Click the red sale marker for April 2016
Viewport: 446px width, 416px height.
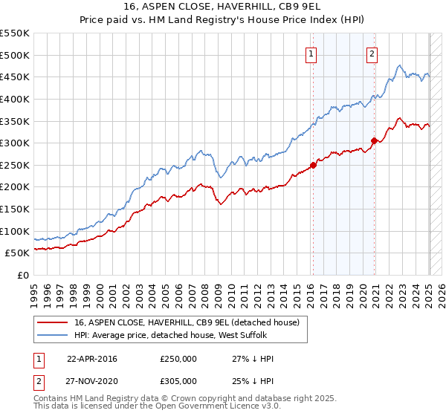313,165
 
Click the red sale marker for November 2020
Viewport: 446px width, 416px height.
374,140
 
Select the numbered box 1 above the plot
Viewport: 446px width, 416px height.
311,53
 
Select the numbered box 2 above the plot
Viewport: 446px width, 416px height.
372,53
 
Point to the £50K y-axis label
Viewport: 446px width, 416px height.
17,253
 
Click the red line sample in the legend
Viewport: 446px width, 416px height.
53,322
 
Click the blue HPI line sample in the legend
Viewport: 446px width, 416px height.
53,335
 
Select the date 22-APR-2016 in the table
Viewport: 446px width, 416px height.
92,359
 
